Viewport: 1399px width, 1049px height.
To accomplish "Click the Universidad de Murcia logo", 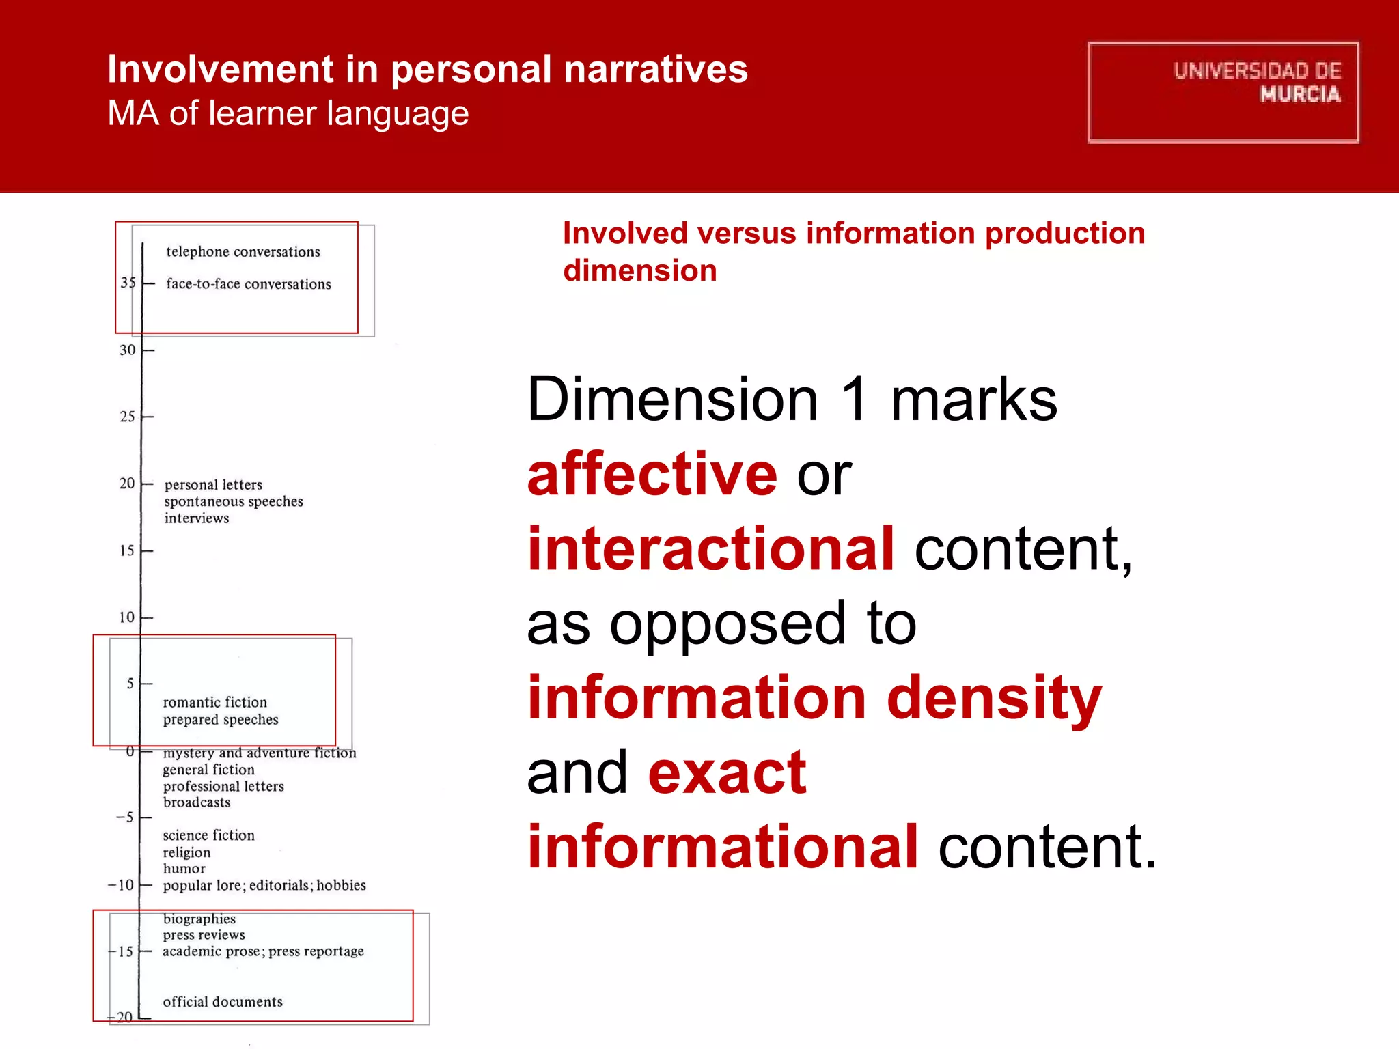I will point(1223,92).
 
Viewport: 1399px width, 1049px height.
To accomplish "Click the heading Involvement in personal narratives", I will point(428,69).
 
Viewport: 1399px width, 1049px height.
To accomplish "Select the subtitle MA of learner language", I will point(288,113).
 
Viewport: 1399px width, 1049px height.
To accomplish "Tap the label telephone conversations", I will point(243,252).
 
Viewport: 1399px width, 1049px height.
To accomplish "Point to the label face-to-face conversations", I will point(248,284).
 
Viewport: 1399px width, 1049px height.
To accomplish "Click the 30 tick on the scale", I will point(128,350).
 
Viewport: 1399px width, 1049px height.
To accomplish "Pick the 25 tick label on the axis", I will point(128,417).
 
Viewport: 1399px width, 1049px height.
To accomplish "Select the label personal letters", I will point(213,485).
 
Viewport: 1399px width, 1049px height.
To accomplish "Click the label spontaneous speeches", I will point(234,501).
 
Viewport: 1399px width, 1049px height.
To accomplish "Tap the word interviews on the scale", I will point(197,518).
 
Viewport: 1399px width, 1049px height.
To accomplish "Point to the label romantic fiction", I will point(214,702).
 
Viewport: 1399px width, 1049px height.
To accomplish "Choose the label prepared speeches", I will point(221,720).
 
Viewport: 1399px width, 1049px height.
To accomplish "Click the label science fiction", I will point(208,835).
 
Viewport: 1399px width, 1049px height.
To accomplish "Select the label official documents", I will point(223,1002).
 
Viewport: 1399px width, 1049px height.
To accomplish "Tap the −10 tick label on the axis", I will point(122,885).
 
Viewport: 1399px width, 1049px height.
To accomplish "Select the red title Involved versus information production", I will point(854,234).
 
